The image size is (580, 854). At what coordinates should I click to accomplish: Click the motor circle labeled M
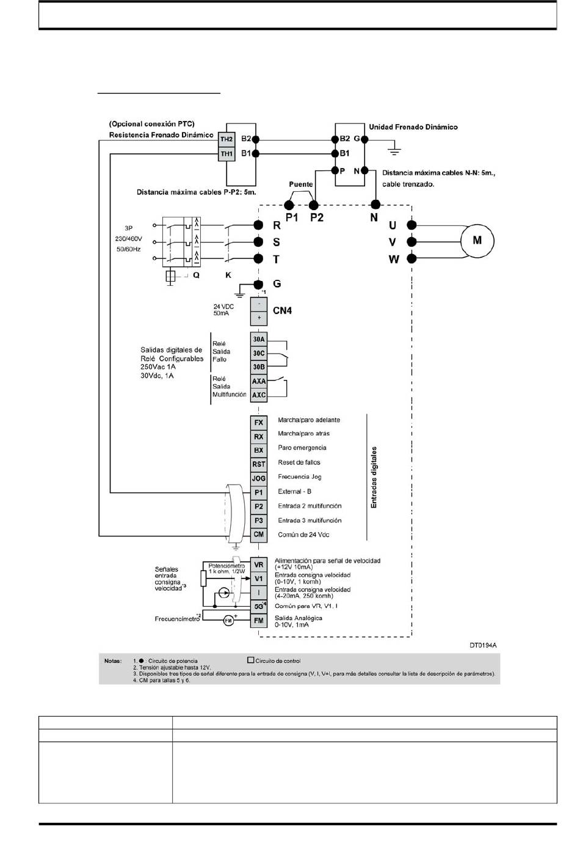click(x=477, y=241)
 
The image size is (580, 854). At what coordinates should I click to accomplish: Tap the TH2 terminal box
click(x=227, y=139)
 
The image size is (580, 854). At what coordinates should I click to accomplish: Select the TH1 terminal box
click(x=227, y=154)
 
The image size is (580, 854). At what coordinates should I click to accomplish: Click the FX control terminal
click(x=258, y=423)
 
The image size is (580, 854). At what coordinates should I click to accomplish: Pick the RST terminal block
click(x=258, y=464)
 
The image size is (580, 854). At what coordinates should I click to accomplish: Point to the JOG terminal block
click(x=258, y=478)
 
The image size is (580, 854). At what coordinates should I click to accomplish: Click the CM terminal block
click(x=258, y=535)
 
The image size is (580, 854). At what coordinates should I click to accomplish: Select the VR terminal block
click(x=258, y=565)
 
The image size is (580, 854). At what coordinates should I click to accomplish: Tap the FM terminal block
click(x=258, y=621)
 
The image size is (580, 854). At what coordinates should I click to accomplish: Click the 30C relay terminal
click(x=258, y=354)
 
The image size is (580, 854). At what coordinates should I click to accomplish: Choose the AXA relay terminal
click(x=258, y=381)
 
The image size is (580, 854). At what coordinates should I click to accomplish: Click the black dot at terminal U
click(x=411, y=225)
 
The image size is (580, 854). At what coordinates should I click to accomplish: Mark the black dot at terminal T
click(x=258, y=258)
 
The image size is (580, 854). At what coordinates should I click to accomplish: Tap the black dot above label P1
click(x=289, y=205)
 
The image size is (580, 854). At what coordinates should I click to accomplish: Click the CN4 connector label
click(x=283, y=311)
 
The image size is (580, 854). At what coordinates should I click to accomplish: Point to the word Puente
click(x=300, y=184)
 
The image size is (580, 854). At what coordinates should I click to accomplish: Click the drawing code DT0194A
click(x=483, y=646)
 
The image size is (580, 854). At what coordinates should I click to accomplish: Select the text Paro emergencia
click(x=302, y=448)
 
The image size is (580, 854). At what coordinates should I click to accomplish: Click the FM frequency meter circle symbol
click(x=228, y=621)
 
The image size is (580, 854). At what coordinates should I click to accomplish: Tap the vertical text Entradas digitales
click(x=374, y=477)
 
